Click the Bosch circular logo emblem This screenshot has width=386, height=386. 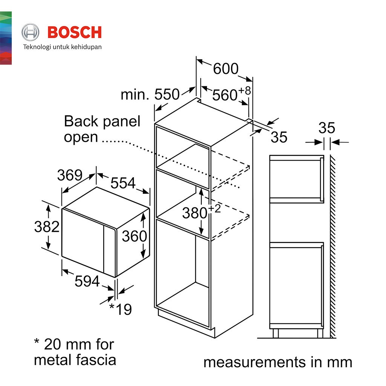click(30, 32)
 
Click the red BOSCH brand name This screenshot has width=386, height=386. click(75, 32)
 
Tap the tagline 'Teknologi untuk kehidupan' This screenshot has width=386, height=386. click(63, 47)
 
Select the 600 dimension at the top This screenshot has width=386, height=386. click(225, 69)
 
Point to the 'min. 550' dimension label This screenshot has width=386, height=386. click(150, 95)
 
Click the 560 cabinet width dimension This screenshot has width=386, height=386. click(225, 95)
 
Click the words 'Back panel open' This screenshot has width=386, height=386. click(102, 129)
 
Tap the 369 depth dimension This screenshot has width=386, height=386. click(70, 175)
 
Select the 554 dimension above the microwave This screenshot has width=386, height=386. click(123, 183)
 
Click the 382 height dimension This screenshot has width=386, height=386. click(47, 227)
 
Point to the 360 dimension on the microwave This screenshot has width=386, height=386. click(134, 236)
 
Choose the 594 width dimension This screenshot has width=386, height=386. click(87, 281)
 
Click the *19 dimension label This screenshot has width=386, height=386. click(121, 309)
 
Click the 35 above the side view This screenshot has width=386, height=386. click(326, 128)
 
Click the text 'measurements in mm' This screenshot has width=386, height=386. click(278, 362)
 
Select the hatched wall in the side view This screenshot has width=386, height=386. click(333, 245)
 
